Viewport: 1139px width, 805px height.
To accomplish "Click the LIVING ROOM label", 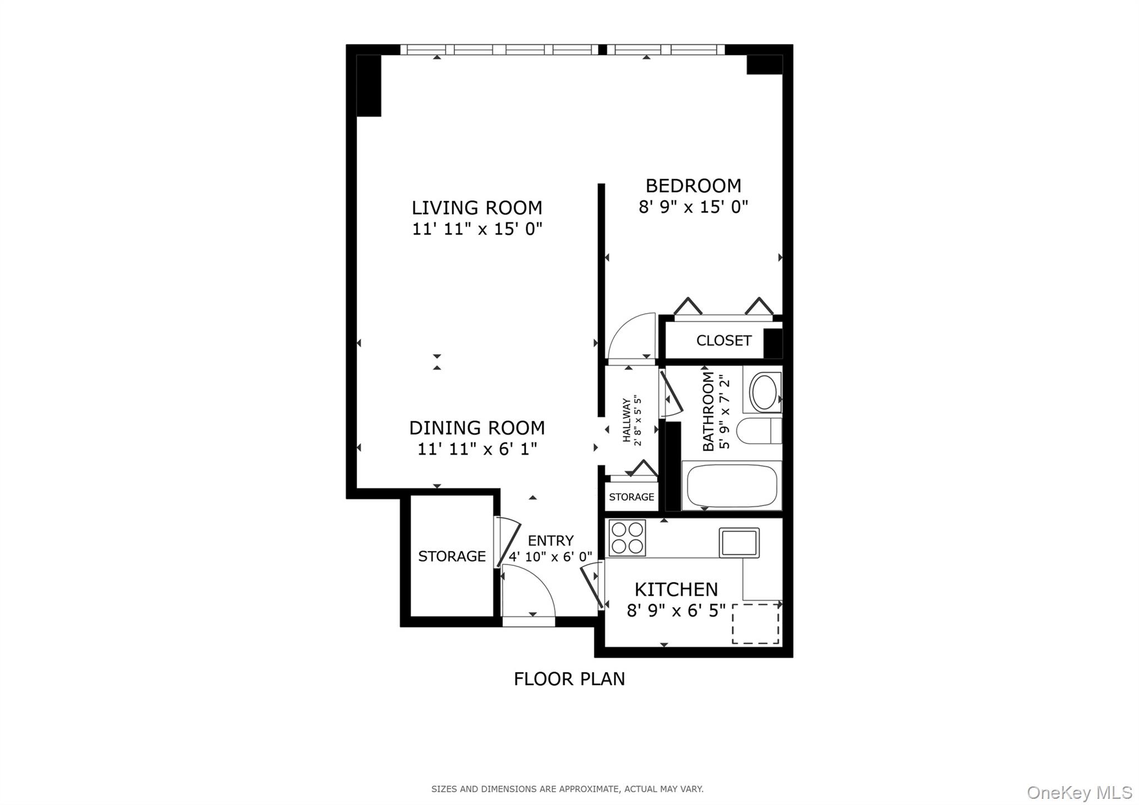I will pos(477,208).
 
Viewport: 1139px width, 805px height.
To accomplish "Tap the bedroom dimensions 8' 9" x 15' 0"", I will pos(693,207).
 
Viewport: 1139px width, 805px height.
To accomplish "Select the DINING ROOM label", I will pos(477,428).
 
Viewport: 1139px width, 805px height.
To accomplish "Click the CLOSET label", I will pos(724,340).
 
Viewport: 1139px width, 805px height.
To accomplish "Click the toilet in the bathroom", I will pos(759,431).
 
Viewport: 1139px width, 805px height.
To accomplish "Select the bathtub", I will pos(731,486).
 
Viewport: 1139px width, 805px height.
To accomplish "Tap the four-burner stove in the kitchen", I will pos(627,537).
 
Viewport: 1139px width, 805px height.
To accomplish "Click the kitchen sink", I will pos(739,542).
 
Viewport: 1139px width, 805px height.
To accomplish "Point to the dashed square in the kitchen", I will pos(755,624).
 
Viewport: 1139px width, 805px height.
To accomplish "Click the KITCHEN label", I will pos(676,589).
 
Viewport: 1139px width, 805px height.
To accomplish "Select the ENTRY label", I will pos(551,541).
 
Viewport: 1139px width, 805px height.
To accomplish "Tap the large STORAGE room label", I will pos(452,556).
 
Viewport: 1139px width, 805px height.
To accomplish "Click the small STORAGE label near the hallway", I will pos(631,497).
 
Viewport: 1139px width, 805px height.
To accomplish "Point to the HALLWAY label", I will pos(627,421).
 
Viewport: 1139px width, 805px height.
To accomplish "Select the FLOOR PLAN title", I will pos(569,679).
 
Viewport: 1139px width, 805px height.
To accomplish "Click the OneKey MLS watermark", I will pos(1079,792).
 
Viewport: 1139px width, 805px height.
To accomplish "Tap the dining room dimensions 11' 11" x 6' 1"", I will pos(477,449).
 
